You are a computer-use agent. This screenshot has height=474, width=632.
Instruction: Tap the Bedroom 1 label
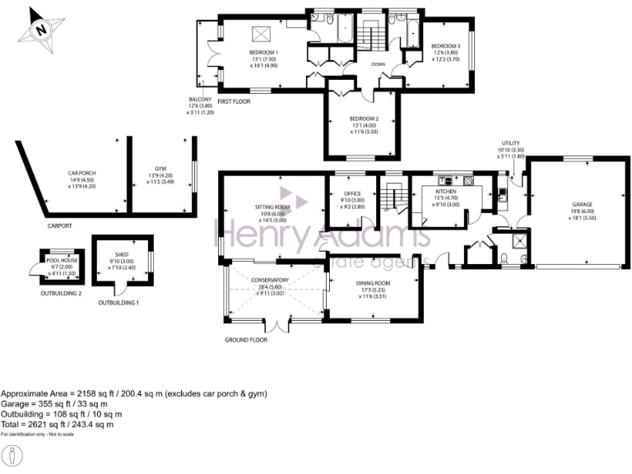tap(265, 53)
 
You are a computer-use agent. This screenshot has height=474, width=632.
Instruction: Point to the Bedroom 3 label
tap(445, 46)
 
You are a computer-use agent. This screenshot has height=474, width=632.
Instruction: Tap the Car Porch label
tap(82, 173)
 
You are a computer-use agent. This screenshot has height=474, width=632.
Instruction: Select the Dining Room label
tap(374, 283)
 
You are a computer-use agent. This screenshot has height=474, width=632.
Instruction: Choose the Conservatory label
tap(271, 280)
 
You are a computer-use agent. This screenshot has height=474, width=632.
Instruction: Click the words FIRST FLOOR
tap(235, 102)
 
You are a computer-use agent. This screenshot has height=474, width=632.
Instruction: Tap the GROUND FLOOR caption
tap(246, 339)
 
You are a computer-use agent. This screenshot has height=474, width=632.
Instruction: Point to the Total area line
tap(57, 424)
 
